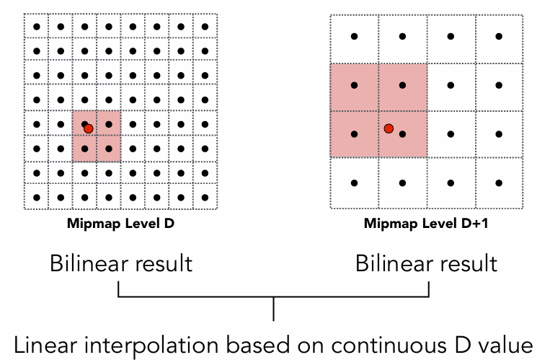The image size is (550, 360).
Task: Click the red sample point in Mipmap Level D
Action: click(x=89, y=128)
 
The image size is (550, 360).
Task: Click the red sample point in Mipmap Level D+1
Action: click(x=389, y=128)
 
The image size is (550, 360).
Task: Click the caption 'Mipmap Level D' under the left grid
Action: click(x=121, y=224)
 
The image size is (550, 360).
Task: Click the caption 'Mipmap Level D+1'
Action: click(x=425, y=224)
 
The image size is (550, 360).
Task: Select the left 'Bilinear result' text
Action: click(x=121, y=263)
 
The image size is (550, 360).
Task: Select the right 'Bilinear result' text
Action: click(x=427, y=263)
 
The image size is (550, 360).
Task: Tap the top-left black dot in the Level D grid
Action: click(x=37, y=27)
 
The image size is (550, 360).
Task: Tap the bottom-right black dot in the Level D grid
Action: click(x=205, y=197)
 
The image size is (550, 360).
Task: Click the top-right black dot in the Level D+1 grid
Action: click(x=499, y=36)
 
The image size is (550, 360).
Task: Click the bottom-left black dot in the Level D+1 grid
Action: click(x=354, y=182)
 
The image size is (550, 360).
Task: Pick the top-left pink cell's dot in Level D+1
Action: click(x=354, y=85)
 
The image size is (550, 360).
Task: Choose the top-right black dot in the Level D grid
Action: click(x=205, y=27)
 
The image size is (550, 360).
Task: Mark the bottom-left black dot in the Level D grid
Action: click(x=37, y=197)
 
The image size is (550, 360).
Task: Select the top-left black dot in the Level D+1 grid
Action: click(x=354, y=36)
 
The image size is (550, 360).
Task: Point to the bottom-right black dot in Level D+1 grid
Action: click(x=499, y=182)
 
